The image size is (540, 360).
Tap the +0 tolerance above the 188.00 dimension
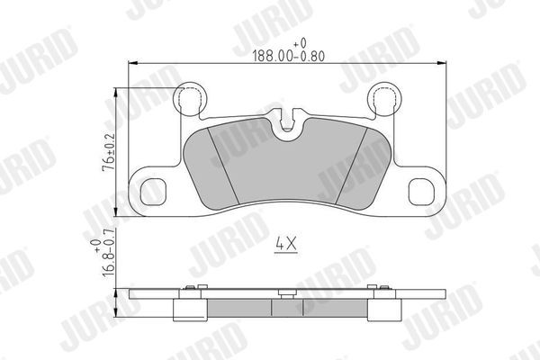point(301,41)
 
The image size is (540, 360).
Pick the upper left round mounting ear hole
point(190,98)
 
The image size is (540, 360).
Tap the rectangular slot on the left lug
point(150,192)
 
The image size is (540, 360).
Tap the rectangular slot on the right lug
point(423,192)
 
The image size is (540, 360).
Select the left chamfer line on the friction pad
point(221,162)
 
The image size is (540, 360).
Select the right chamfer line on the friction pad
point(350,162)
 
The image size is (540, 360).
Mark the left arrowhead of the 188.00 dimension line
point(134,62)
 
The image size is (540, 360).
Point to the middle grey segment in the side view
point(288,309)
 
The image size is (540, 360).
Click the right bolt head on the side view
point(382,289)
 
